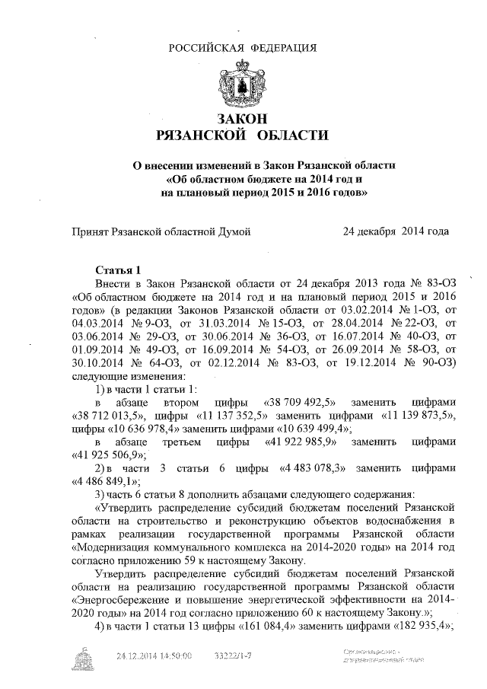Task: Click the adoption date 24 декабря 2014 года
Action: pos(396,231)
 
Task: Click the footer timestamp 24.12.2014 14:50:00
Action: pos(154,654)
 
